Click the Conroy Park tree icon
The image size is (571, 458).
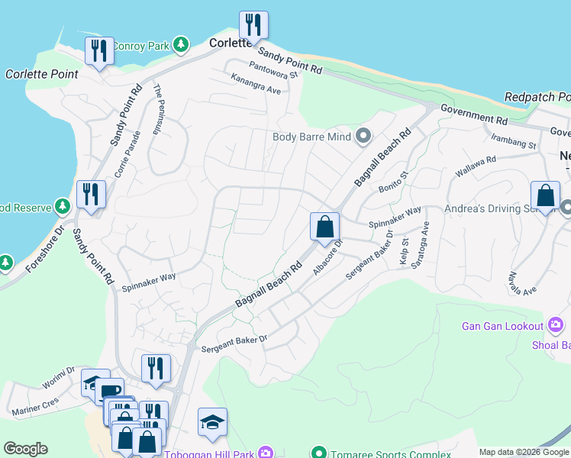pyautogui.click(x=180, y=46)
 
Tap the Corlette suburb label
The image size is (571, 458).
pyautogui.click(x=231, y=44)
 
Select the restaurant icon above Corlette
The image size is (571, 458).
pyautogui.click(x=253, y=24)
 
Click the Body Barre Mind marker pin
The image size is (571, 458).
pyautogui.click(x=363, y=137)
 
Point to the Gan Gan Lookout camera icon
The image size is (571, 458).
pyautogui.click(x=556, y=327)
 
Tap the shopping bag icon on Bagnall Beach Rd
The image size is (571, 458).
pyautogui.click(x=324, y=226)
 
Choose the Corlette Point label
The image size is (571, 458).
pyautogui.click(x=42, y=74)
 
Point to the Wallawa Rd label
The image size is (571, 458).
pyautogui.click(x=476, y=169)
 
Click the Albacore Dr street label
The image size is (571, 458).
pyautogui.click(x=329, y=257)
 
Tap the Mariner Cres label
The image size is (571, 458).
pyautogui.click(x=35, y=404)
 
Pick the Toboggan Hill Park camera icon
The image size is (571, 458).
pyautogui.click(x=265, y=454)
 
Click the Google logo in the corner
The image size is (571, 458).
pyautogui.click(x=25, y=449)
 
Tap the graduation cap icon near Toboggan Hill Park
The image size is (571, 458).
pyautogui.click(x=212, y=422)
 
